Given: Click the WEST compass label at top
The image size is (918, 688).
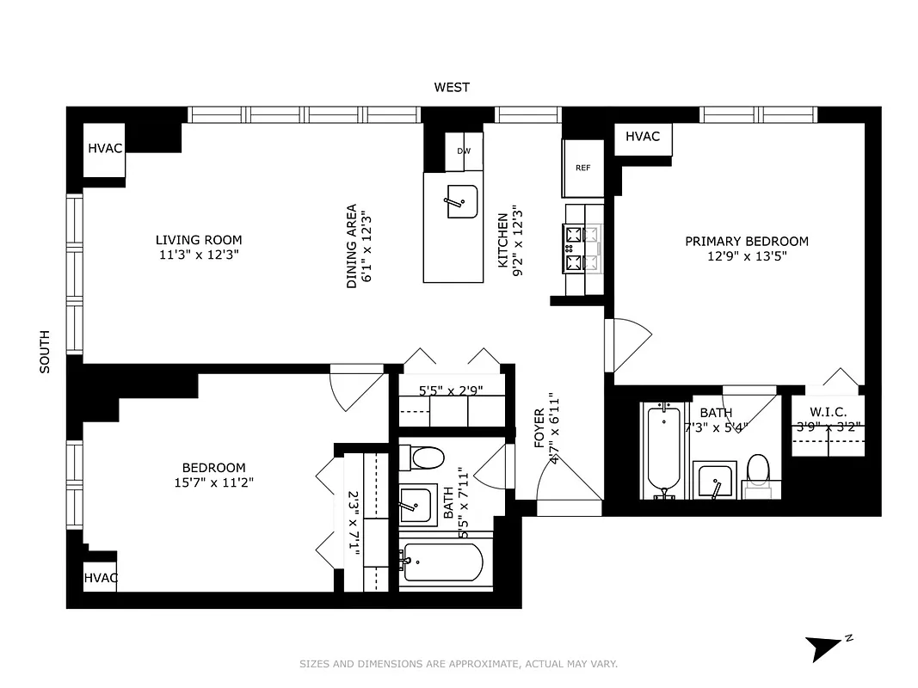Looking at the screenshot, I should [x=452, y=87].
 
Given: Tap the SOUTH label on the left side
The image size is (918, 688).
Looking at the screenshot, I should [x=45, y=352].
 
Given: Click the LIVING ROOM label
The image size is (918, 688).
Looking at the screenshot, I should [x=199, y=240].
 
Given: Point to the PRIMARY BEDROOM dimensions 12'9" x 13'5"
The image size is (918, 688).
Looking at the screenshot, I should [x=747, y=255].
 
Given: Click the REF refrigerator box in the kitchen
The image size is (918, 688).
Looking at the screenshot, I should [x=582, y=168].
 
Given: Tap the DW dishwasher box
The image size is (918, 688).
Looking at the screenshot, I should [x=464, y=151].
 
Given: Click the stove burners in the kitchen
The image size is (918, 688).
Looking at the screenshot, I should [x=574, y=249].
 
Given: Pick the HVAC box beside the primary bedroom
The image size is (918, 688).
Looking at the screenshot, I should [x=642, y=137].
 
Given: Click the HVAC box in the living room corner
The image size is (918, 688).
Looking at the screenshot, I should [x=105, y=148].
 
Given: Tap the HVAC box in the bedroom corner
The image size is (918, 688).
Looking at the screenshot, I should [x=100, y=577].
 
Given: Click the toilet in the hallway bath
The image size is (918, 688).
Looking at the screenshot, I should [x=426, y=456].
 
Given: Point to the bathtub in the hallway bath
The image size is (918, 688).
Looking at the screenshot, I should [x=442, y=562].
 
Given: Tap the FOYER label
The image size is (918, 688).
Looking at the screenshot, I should [x=539, y=428].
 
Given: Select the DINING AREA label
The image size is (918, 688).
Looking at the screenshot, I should [x=351, y=246].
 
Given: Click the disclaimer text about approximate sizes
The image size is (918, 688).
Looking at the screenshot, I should [x=459, y=664].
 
